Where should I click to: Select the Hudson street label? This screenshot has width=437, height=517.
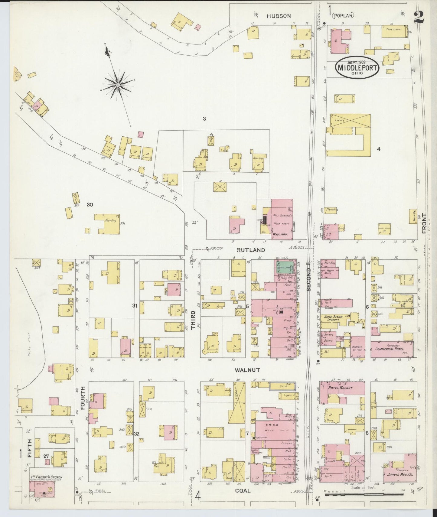click(x=279, y=16)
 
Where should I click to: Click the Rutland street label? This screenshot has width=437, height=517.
click(x=251, y=250)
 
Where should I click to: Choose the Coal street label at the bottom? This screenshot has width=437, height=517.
click(x=243, y=491)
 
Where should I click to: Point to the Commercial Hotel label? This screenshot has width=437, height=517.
click(x=390, y=349)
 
